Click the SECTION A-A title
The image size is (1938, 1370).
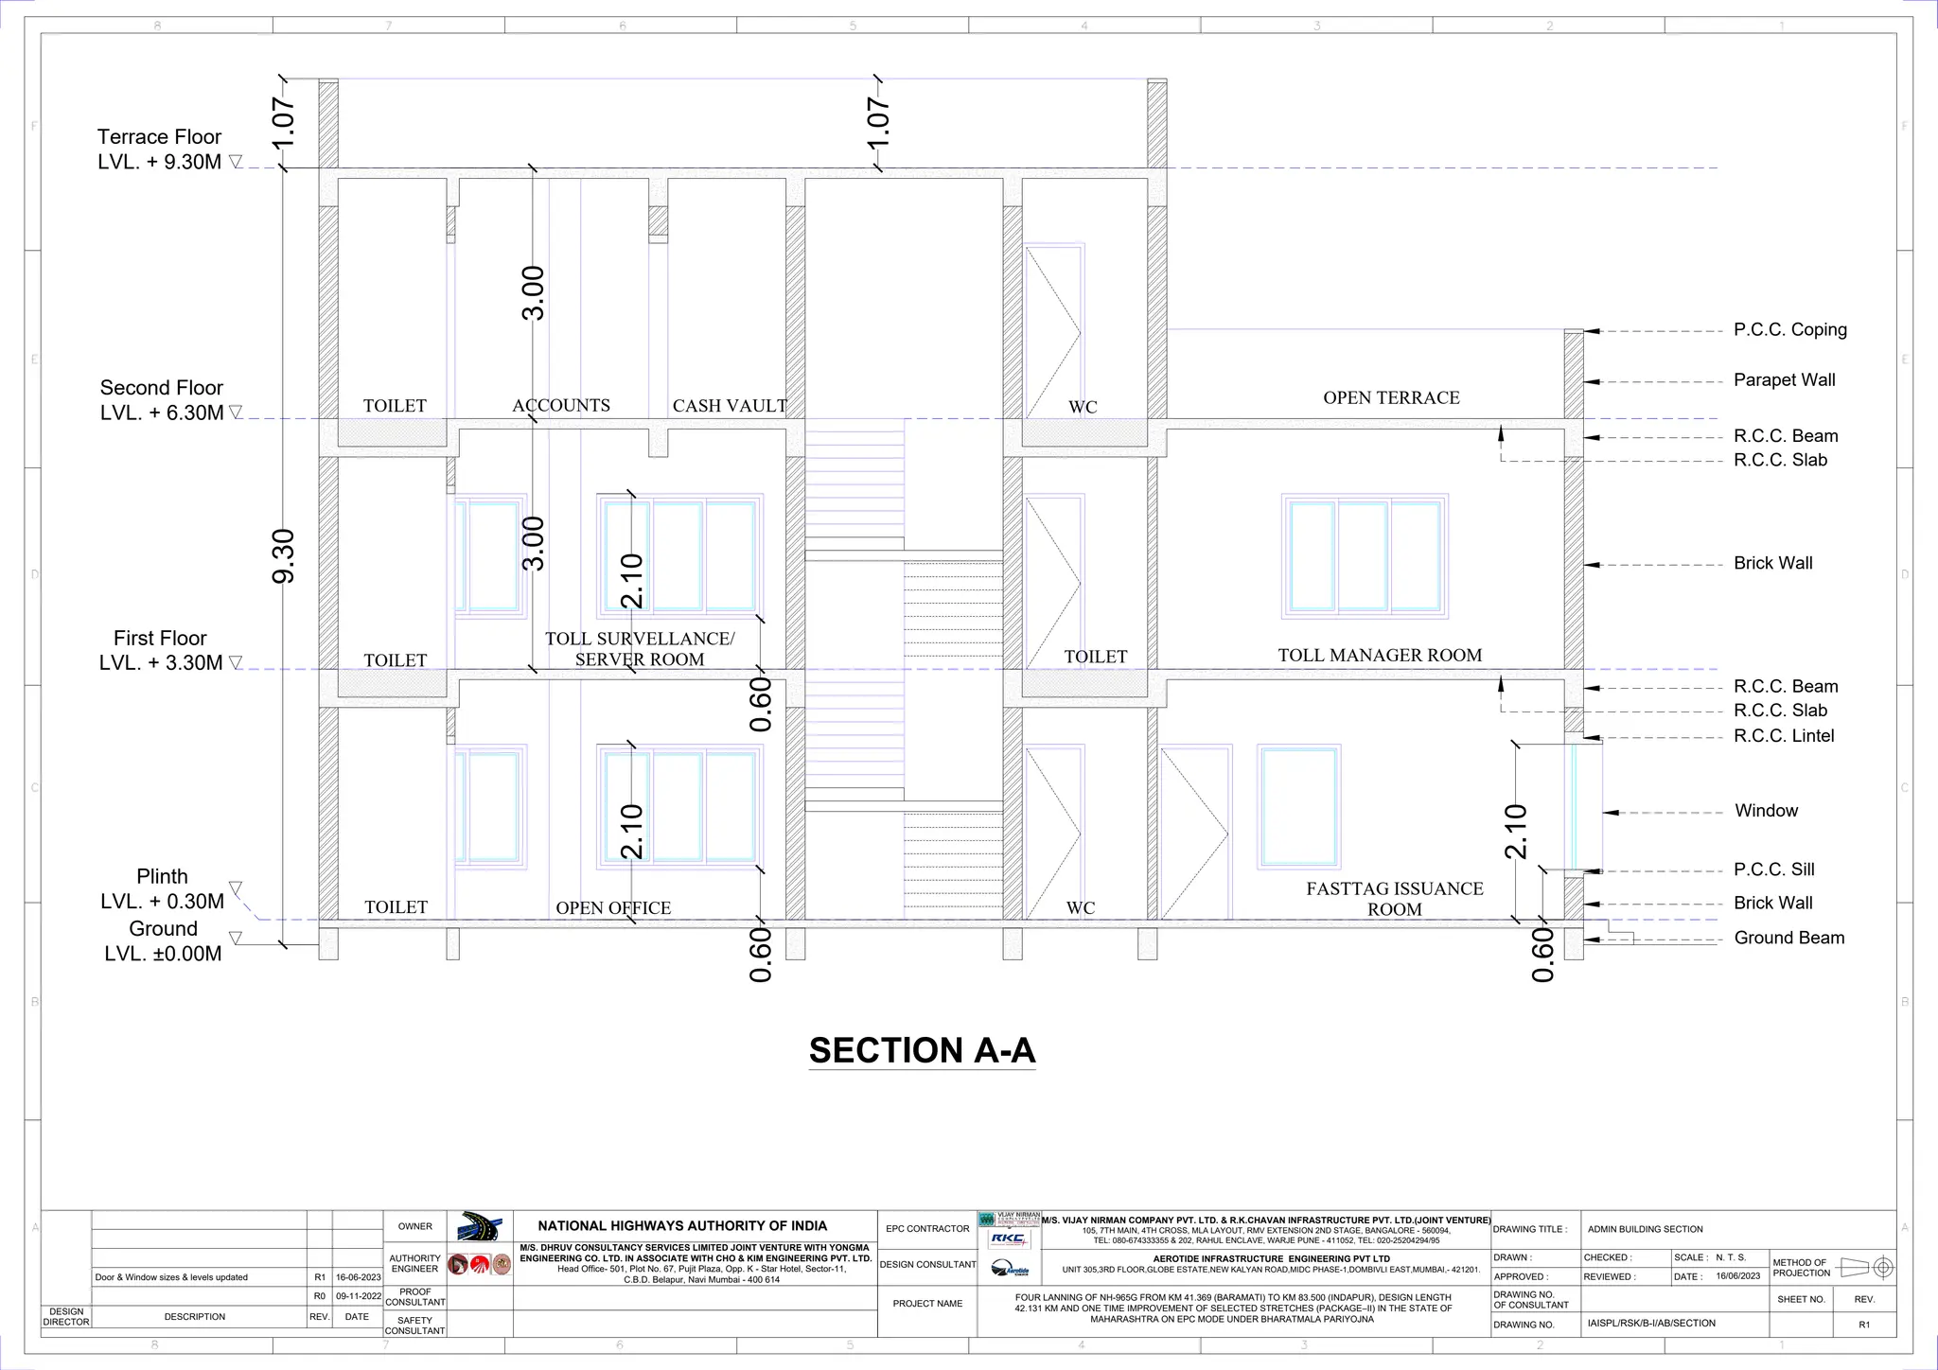922,1051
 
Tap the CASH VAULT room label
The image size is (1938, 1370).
730,406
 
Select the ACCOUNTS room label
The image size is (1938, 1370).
561,405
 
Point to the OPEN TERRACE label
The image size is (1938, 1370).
1391,397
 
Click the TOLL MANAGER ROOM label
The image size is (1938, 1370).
1380,655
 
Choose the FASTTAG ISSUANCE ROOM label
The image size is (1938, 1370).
1395,899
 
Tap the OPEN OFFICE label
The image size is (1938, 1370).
613,907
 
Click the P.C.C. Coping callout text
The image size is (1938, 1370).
1789,329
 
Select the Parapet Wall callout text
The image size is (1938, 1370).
1784,380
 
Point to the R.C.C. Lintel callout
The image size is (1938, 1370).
1783,736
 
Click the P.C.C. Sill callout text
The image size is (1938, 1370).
1773,869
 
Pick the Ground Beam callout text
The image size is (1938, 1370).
1788,938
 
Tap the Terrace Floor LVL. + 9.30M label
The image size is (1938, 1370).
160,149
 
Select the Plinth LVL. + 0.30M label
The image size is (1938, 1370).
163,889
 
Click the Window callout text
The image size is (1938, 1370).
1766,811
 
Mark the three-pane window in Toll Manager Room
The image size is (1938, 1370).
1365,556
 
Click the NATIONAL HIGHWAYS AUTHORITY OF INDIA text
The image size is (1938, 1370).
682,1225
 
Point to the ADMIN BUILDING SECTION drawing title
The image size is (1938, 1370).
1645,1229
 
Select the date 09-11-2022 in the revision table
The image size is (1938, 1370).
358,1296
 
